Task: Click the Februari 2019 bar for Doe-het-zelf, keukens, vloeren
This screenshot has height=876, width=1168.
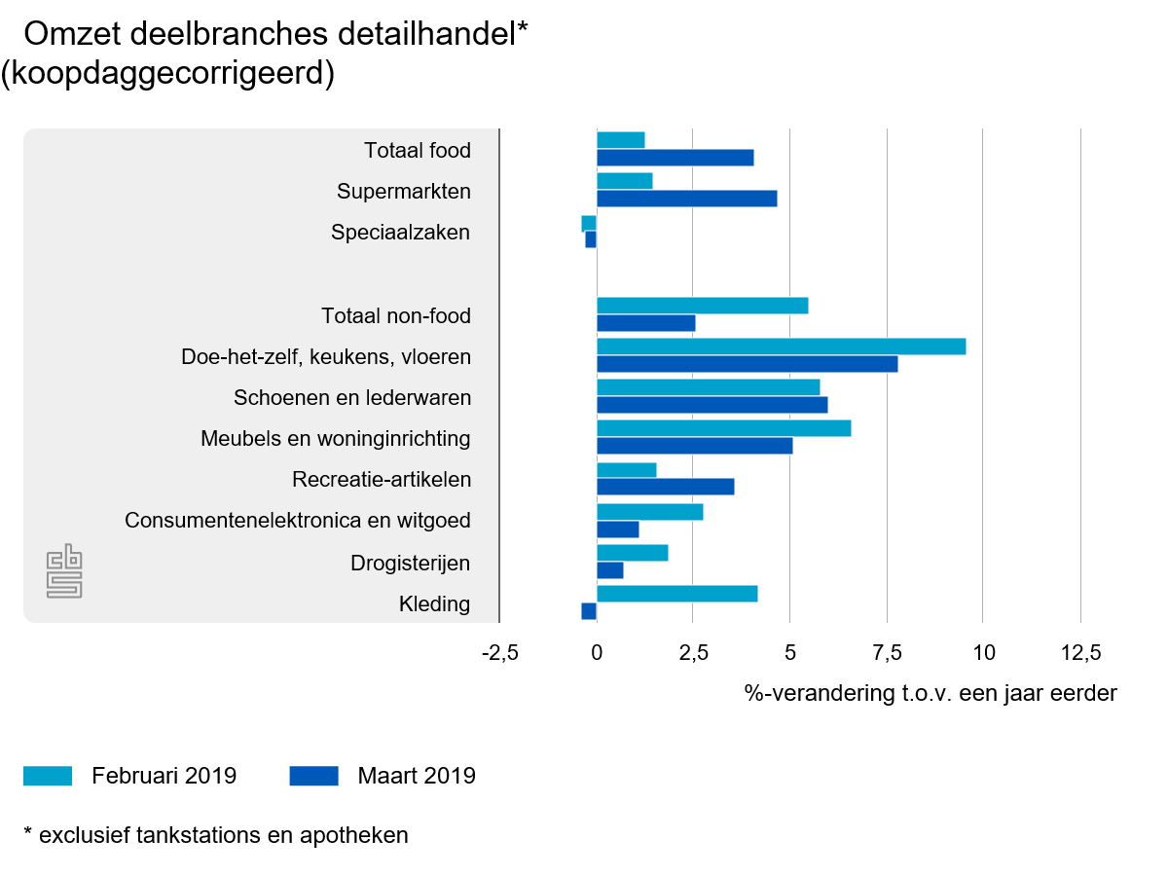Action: point(781,347)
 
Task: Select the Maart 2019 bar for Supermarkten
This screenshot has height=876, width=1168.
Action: point(686,199)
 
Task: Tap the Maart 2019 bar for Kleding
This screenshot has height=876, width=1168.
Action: point(589,611)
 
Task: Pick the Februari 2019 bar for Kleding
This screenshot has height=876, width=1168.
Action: point(676,594)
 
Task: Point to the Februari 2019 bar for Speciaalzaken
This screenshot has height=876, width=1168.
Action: point(589,224)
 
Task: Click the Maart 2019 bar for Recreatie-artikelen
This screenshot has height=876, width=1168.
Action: point(665,487)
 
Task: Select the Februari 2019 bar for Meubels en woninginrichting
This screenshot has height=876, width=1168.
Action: point(723,428)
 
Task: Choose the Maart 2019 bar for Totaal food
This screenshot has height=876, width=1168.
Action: point(675,158)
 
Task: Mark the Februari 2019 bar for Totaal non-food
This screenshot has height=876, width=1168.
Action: point(702,306)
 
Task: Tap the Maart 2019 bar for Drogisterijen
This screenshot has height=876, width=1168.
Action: point(609,570)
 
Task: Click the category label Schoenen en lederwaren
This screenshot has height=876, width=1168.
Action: point(352,398)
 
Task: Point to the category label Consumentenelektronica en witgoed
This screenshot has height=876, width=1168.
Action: point(298,521)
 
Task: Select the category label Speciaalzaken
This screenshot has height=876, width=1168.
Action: point(400,233)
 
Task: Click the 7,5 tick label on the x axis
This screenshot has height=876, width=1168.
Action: point(887,652)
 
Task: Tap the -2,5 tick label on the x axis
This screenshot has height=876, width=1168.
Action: point(498,652)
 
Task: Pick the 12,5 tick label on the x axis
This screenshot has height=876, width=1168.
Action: point(1079,652)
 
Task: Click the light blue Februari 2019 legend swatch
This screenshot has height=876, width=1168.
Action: point(48,776)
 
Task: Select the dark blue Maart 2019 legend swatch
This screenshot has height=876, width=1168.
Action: point(313,776)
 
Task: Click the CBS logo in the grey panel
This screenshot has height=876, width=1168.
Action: point(65,572)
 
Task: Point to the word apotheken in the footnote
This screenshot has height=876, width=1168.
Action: point(359,835)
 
